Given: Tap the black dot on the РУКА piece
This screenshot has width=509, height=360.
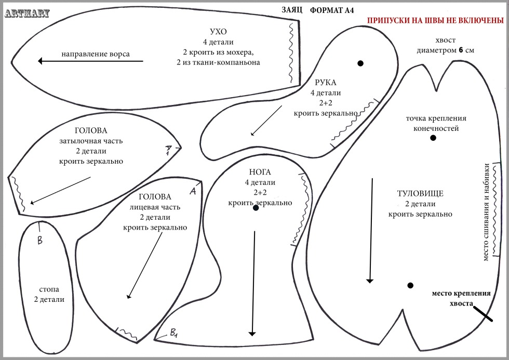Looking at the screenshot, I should tap(360, 63).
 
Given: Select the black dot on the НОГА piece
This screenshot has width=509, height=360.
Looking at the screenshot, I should tap(256, 208).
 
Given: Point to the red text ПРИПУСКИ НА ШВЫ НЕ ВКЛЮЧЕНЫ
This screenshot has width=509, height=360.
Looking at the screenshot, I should tap(436, 21).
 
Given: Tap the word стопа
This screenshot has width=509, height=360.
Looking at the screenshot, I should tap(49, 289).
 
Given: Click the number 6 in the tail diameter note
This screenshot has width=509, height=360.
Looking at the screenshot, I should tap(460, 50).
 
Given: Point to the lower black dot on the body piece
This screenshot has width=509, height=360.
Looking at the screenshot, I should tap(410, 285).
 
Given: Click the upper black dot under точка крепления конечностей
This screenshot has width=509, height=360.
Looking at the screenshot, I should tap(433, 138).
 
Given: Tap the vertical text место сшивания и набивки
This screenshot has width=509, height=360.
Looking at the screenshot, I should tap(486, 213).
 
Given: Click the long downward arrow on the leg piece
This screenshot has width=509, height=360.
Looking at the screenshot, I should tap(253, 283).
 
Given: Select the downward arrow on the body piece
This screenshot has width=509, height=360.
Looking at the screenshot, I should tap(370, 230).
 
